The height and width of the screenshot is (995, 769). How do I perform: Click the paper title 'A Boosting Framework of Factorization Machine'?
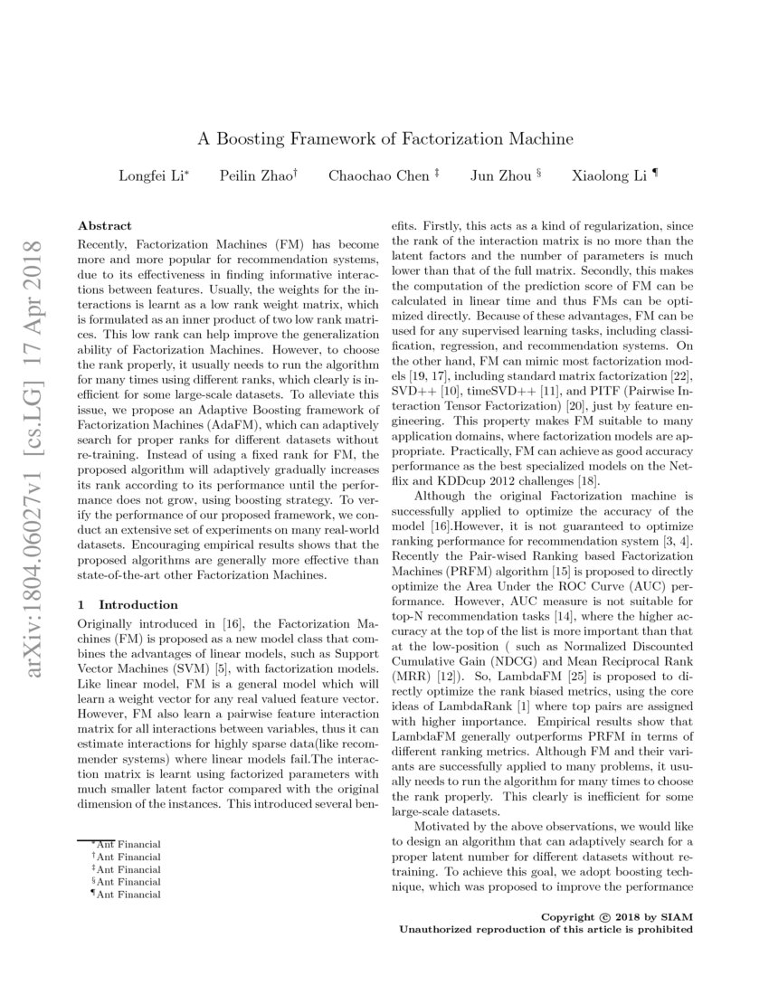[x=385, y=139]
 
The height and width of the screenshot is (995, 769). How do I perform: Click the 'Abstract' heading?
[x=104, y=225]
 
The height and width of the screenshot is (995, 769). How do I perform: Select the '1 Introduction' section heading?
[x=128, y=604]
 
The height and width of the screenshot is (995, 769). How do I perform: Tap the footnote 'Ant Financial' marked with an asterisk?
[x=127, y=843]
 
